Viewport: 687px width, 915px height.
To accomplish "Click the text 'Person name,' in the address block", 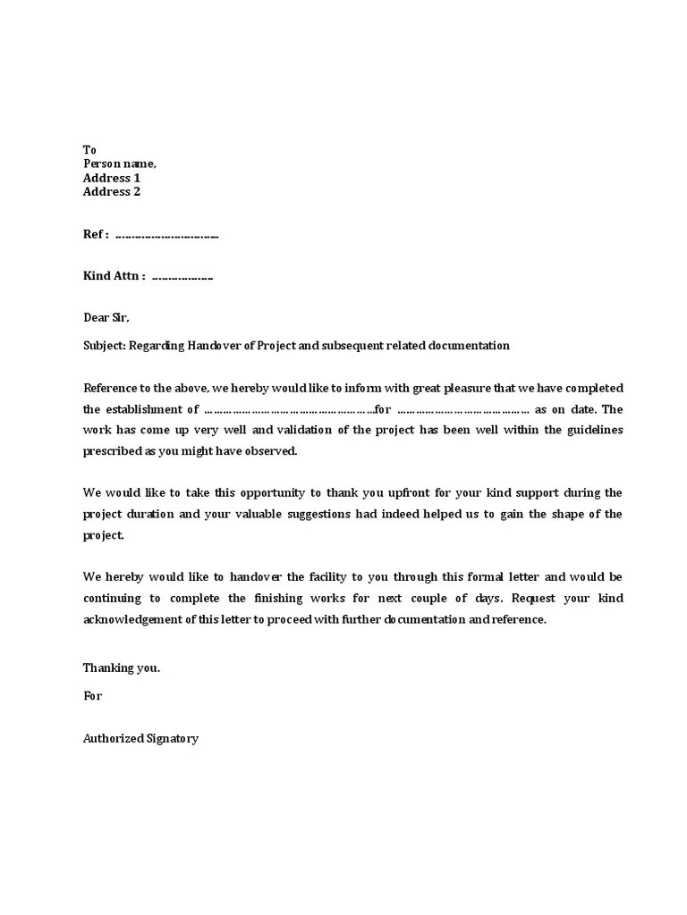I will [120, 164].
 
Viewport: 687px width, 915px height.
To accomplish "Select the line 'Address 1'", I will [112, 178].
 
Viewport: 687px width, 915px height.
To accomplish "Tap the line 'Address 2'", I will [112, 191].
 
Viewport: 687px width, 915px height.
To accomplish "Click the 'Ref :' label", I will [96, 234].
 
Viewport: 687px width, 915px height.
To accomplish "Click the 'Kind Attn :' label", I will [114, 276].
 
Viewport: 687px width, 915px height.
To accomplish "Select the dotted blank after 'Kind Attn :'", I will [182, 278].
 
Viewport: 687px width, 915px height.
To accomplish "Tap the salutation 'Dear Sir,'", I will [106, 317].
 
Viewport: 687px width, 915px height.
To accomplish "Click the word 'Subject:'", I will [105, 346].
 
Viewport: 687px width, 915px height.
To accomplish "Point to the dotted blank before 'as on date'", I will [462, 410].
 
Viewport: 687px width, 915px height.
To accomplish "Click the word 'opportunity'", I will [259, 492].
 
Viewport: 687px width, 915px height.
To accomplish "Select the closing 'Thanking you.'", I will [122, 667].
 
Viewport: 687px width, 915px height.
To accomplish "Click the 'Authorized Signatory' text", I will [140, 739].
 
